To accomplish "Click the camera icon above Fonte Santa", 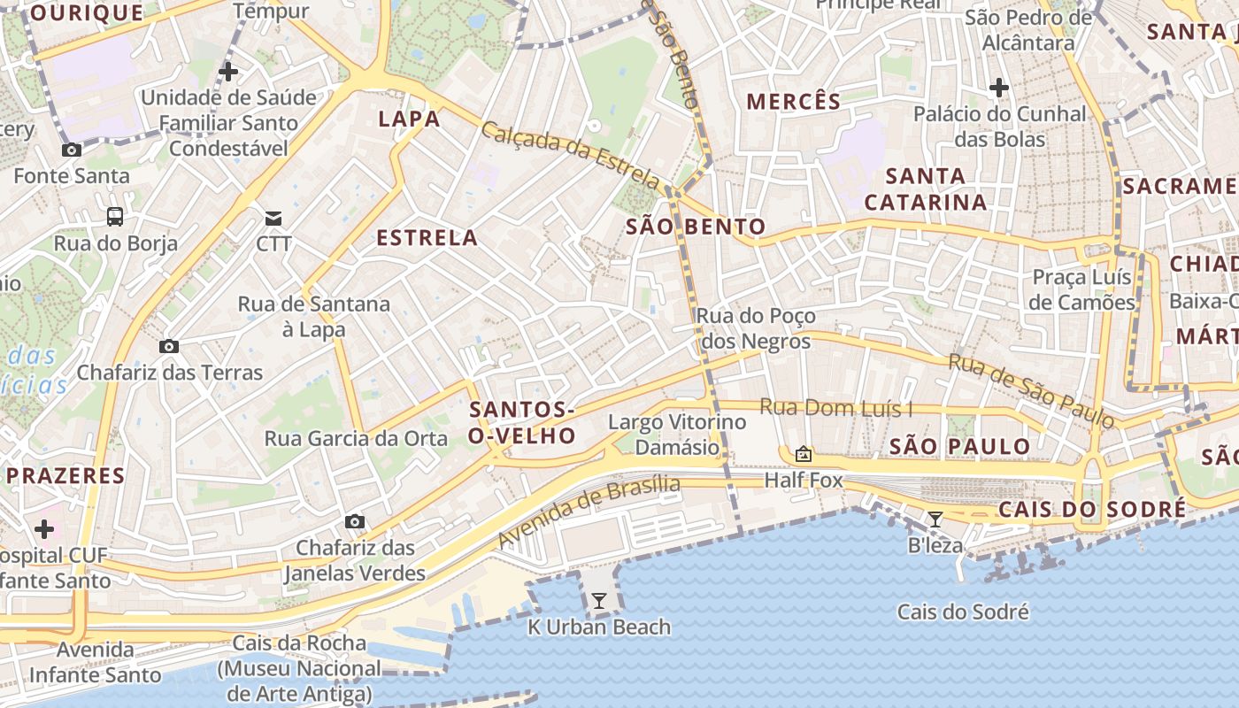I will point(72,150).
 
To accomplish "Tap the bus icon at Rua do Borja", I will point(115,217).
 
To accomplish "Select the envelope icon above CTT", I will point(273,218).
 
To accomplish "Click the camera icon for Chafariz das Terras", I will point(169,346).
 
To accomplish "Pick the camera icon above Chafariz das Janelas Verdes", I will point(355,521).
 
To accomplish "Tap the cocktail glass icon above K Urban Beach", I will point(599,601).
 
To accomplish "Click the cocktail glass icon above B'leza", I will point(935,519).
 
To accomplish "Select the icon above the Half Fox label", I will point(804,454).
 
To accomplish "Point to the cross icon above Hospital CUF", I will point(44,529).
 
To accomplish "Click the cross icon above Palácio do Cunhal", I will point(999,88).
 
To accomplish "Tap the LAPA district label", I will point(409,119).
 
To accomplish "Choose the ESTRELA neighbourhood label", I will point(427,237).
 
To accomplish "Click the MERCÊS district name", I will point(793,101).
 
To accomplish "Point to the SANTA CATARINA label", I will point(926,189).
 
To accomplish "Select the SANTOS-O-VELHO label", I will point(522,422).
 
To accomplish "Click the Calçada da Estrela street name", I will point(571,155).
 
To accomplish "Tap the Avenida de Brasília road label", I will point(589,511).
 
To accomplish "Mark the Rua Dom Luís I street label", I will point(836,408).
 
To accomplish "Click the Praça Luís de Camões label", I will point(1083,289).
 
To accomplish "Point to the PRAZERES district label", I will point(65,475).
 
